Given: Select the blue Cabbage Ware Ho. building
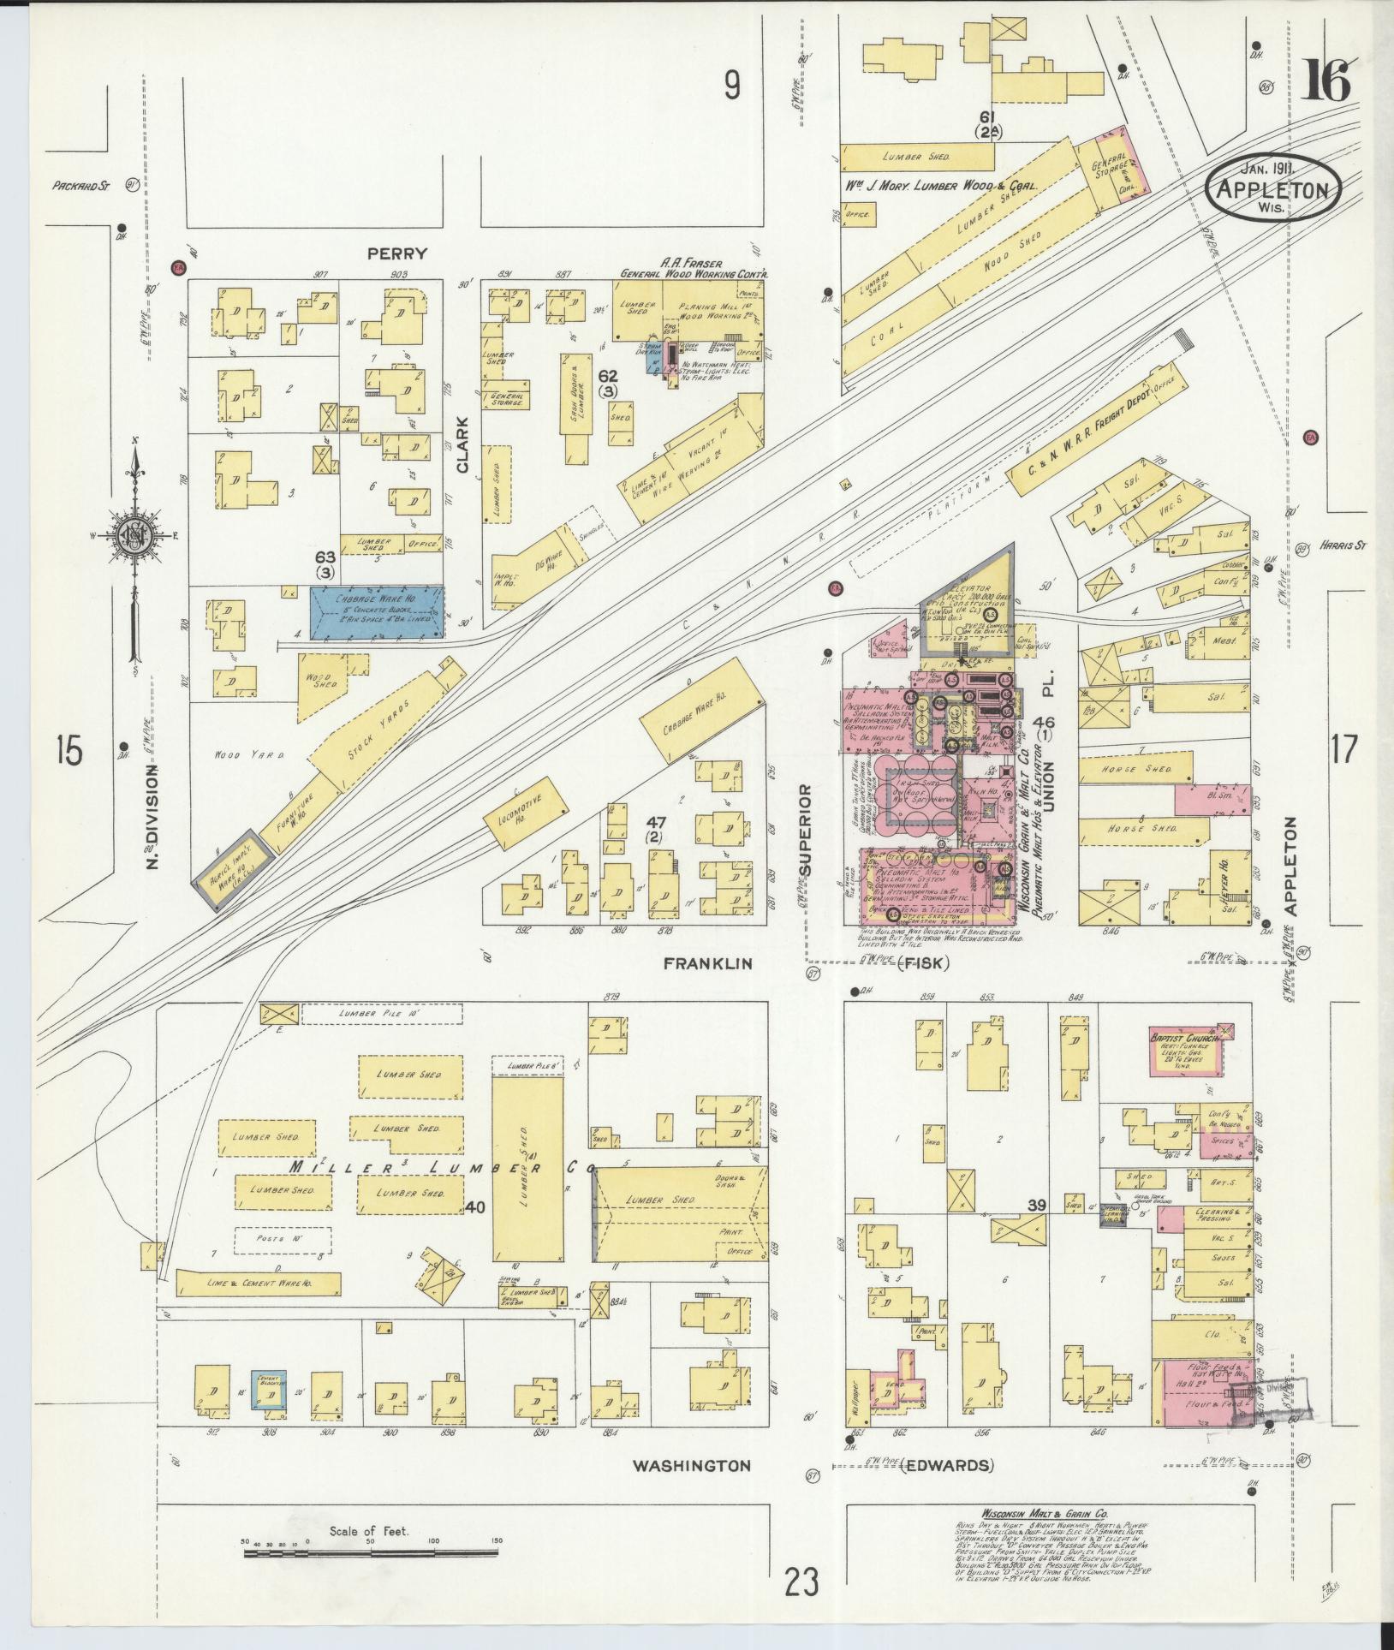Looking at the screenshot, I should tap(377, 612).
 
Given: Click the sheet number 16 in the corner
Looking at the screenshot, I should tap(1326, 82).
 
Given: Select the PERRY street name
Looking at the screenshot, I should tap(396, 254).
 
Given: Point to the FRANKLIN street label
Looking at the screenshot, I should tap(707, 964).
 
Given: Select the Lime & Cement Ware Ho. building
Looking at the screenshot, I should tap(259, 1283).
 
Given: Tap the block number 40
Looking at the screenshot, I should tap(476, 1208).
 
